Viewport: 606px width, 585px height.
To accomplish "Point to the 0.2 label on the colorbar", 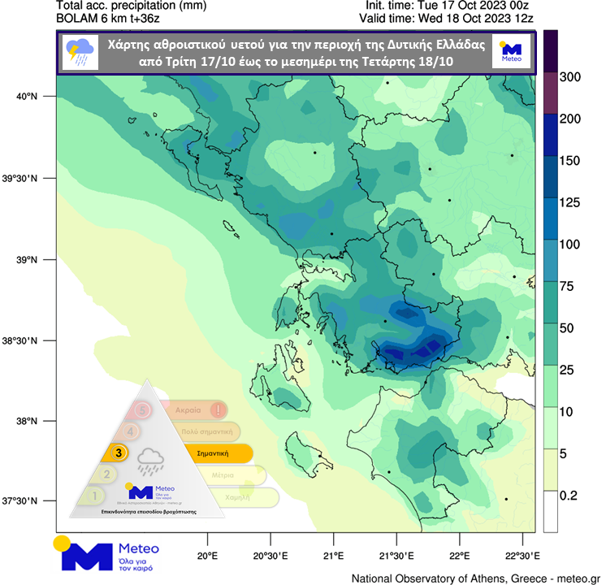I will [x=574, y=495].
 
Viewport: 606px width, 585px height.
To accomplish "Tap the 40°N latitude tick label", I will [x=28, y=97].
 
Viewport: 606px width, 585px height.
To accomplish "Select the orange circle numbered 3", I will [x=119, y=453].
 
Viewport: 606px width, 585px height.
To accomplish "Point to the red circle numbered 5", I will [x=143, y=410].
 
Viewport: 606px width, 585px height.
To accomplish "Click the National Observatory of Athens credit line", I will [x=476, y=578].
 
